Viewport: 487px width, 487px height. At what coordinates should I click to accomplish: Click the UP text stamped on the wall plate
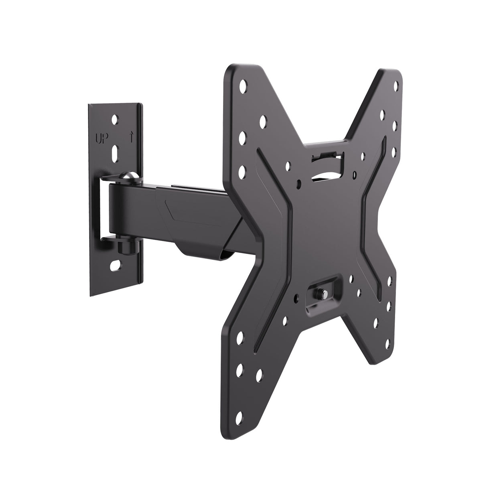tap(100, 140)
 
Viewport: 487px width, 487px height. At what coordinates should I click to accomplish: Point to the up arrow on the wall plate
tap(131, 139)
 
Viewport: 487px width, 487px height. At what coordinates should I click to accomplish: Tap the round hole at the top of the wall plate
tap(116, 119)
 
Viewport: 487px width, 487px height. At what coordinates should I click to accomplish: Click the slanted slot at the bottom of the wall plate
tap(116, 265)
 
